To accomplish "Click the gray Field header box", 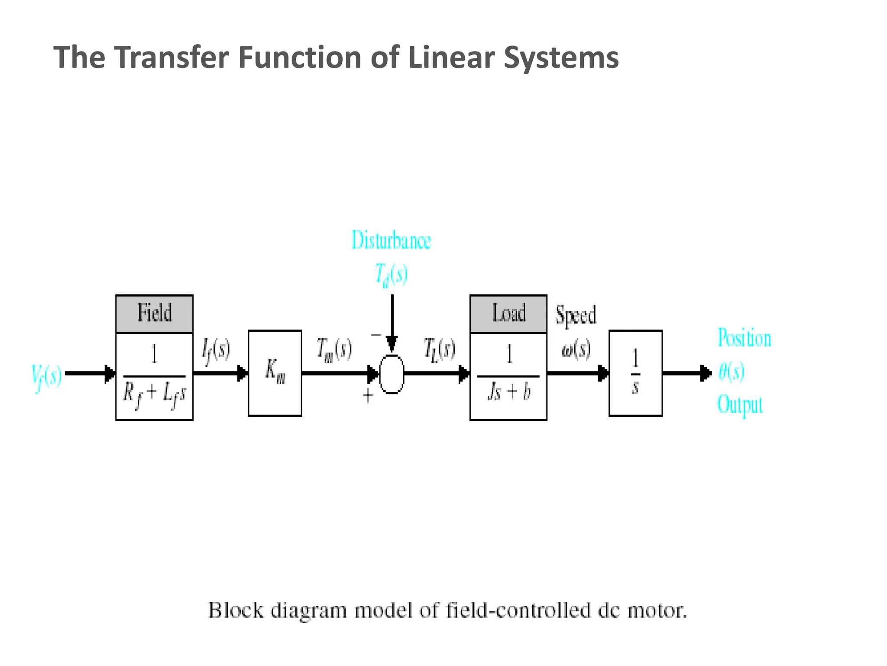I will click(154, 313).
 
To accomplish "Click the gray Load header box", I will click(508, 313).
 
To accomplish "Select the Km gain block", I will click(275, 373).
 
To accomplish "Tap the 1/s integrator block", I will click(635, 373).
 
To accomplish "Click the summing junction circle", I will click(392, 374).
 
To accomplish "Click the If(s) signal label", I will click(216, 350).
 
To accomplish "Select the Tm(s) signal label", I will click(334, 349).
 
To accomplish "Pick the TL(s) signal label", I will click(439, 349).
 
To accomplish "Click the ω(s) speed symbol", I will click(576, 349).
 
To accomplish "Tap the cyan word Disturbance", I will click(391, 240).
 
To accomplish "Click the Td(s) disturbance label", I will click(391, 274).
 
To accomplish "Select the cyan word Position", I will click(745, 338).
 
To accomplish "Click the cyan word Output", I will click(740, 405).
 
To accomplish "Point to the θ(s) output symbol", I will click(732, 372).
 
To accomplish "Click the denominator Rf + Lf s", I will click(154, 395).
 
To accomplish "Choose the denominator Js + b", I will click(508, 392).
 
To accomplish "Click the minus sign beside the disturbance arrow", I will click(376, 335).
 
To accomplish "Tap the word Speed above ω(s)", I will click(576, 315).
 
